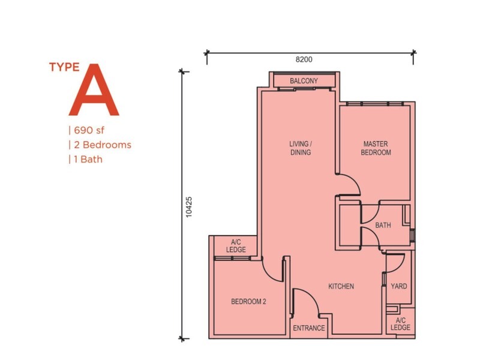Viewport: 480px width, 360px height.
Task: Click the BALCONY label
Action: pyautogui.click(x=304, y=81)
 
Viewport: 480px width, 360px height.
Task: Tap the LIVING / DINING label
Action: pyautogui.click(x=301, y=148)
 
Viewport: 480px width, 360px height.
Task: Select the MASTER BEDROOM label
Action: pyautogui.click(x=376, y=148)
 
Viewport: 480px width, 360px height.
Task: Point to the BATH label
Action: pyautogui.click(x=383, y=226)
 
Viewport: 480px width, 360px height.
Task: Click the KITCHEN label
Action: pyautogui.click(x=341, y=286)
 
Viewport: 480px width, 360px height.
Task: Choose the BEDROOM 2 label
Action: pyautogui.click(x=248, y=302)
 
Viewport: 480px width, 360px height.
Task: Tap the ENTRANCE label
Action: pyautogui.click(x=309, y=328)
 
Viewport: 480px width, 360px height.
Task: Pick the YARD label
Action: pyautogui.click(x=399, y=286)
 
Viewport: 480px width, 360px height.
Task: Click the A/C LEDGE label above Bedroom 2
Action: pyautogui.click(x=236, y=246)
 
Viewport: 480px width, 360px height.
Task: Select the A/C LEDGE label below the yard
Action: pyautogui.click(x=400, y=324)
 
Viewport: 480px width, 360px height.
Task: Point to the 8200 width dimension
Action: pyautogui.click(x=304, y=59)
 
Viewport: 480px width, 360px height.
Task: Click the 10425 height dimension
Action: pyautogui.click(x=189, y=207)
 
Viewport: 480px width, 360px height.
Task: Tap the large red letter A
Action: pyautogui.click(x=94, y=89)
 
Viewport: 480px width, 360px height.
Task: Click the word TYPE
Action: pyautogui.click(x=64, y=67)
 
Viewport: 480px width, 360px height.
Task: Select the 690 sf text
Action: pyautogui.click(x=89, y=130)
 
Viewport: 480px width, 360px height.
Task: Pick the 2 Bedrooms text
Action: pyautogui.click(x=103, y=145)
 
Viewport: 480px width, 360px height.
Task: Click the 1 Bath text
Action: pyautogui.click(x=88, y=160)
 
